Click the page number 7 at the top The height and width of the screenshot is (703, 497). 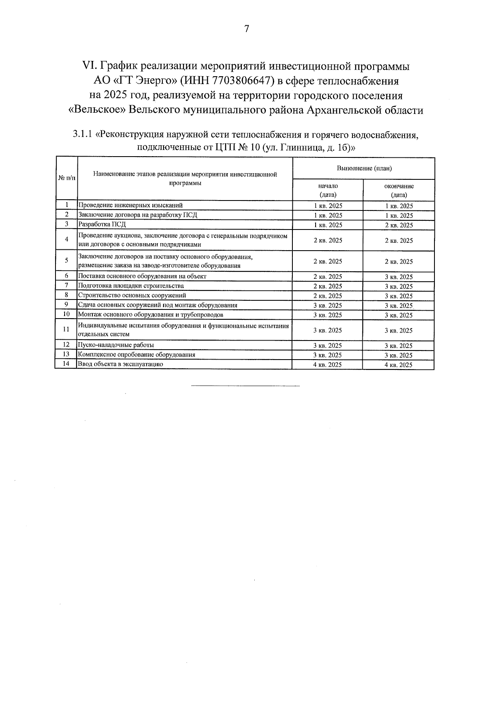click(x=247, y=29)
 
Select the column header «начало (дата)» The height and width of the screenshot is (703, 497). click(x=328, y=190)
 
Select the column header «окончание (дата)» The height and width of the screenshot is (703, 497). click(x=399, y=190)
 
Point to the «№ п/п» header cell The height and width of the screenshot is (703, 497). click(x=66, y=178)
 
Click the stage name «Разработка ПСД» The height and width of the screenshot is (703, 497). click(x=102, y=225)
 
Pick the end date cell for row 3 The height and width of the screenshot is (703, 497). click(x=399, y=225)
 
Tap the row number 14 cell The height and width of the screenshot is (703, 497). click(x=66, y=364)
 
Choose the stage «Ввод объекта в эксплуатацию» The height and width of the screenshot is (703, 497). click(x=121, y=364)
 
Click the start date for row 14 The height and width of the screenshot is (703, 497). click(x=328, y=365)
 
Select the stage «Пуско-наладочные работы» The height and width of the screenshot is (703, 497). click(x=116, y=345)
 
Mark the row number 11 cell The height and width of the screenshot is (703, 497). click(x=66, y=330)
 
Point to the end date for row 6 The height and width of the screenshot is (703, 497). click(x=399, y=277)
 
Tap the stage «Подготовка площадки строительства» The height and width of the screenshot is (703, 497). click(x=131, y=286)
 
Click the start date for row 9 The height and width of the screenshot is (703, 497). click(x=328, y=306)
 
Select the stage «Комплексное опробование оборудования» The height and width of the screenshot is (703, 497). click(x=137, y=355)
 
